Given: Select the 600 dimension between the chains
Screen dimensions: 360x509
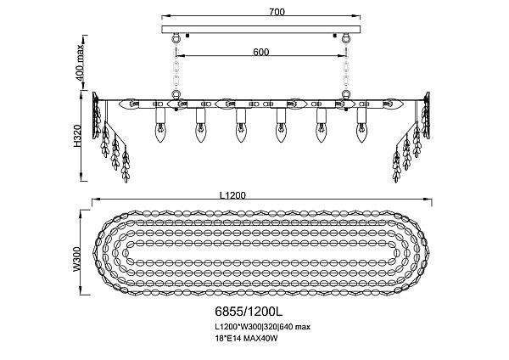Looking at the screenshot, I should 260,52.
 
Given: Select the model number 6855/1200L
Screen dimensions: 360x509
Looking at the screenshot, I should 241,312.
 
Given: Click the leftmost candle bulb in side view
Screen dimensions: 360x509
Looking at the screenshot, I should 159,131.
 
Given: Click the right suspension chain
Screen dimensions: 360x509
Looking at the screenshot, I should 346,68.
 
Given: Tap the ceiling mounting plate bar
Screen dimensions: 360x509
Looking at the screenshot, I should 260,31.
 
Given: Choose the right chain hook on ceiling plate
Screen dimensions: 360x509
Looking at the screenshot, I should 346,39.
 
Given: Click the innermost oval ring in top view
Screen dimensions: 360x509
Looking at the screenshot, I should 260,254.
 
